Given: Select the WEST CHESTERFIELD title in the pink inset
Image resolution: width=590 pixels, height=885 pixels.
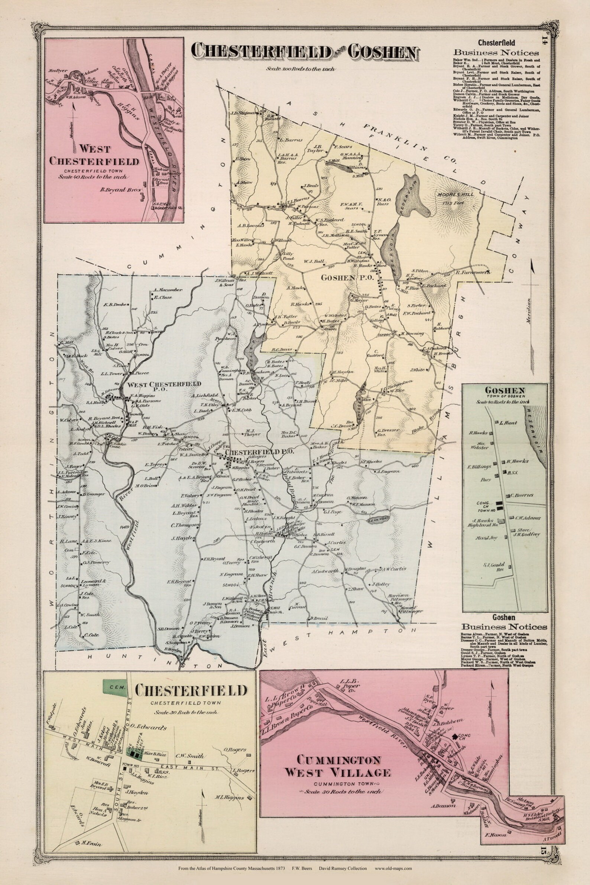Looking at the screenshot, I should click(x=94, y=155).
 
